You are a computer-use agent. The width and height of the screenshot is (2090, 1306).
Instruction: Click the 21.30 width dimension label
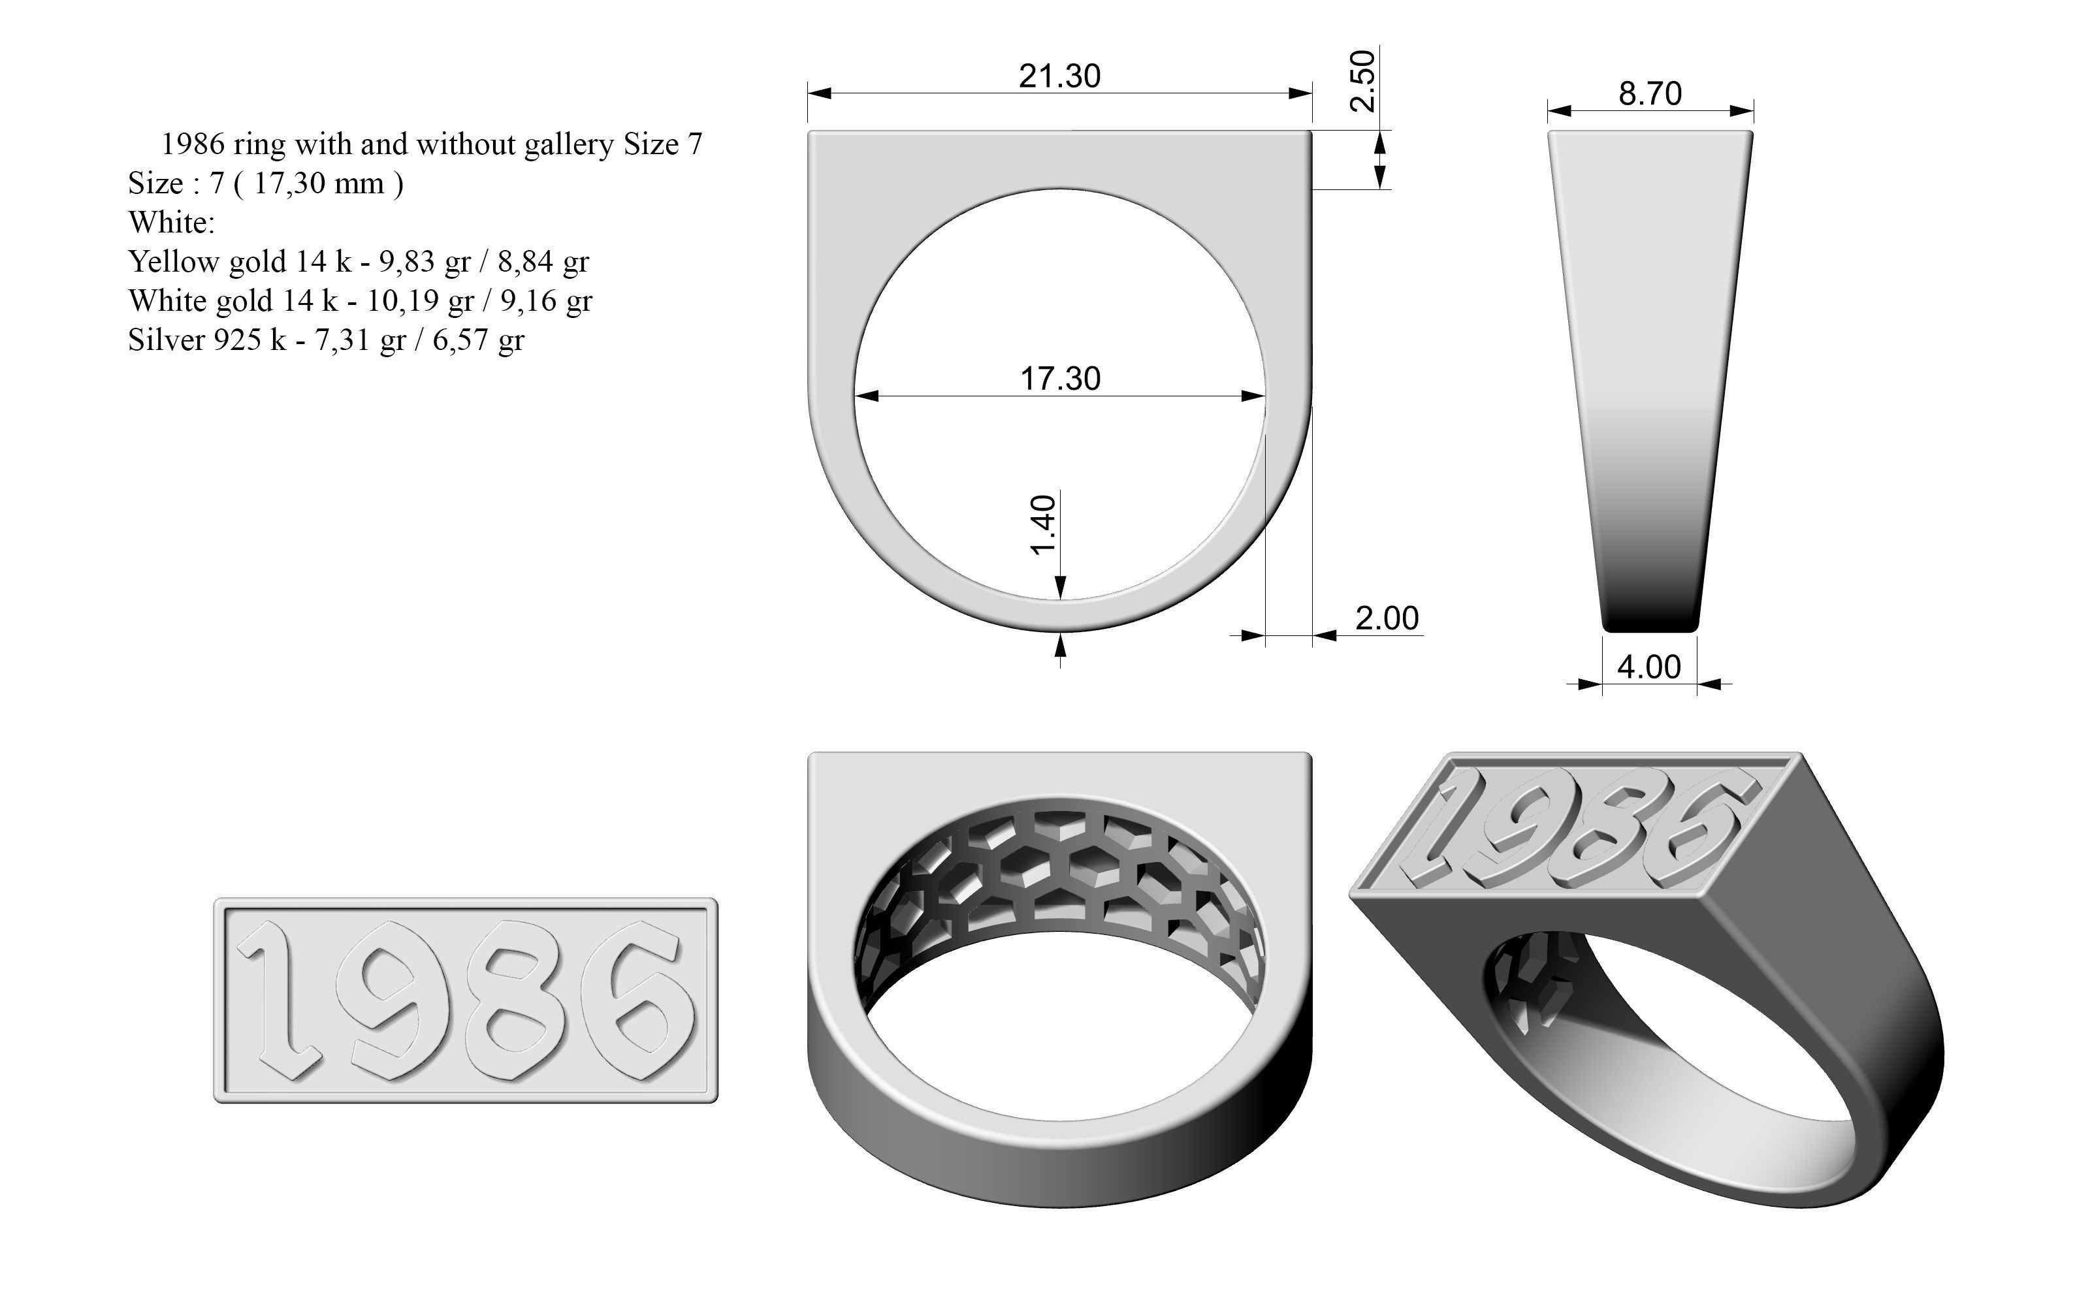1059,76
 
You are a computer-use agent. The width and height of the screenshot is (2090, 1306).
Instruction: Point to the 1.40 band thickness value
1043,524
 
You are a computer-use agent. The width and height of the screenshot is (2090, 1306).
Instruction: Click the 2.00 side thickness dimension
1386,618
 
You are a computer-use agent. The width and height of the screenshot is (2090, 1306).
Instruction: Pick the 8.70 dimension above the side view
1650,93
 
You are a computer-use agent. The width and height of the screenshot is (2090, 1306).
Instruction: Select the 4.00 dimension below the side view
1648,667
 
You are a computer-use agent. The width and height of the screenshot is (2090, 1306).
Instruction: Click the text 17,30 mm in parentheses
319,183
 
